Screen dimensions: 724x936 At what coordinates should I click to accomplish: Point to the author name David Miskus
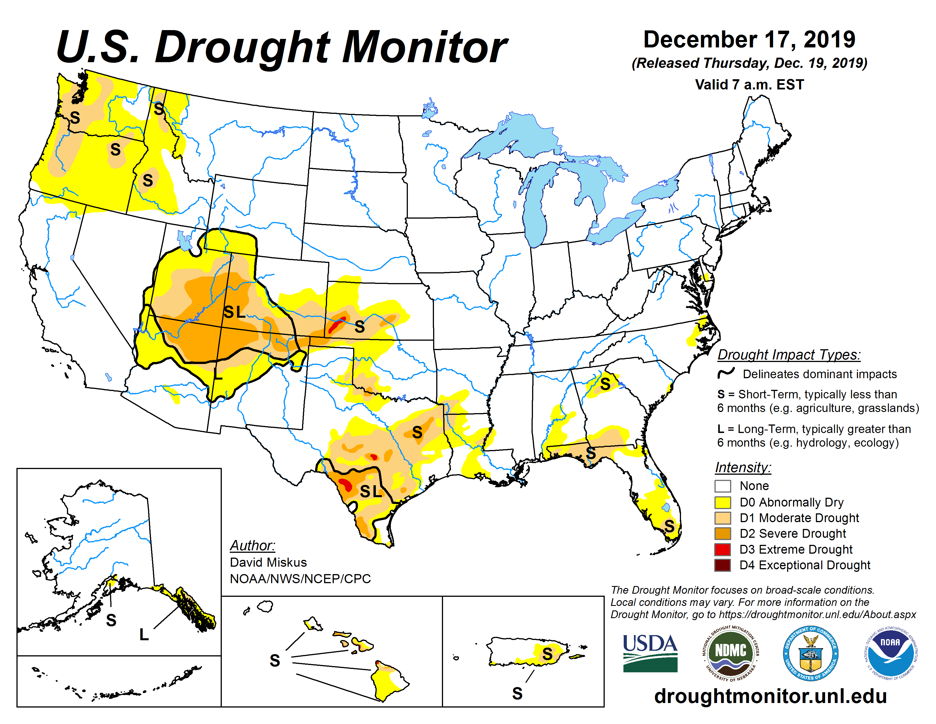tap(268, 562)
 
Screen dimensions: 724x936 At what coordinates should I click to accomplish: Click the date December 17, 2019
tap(749, 39)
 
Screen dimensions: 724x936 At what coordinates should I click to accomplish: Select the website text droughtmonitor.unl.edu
tap(770, 696)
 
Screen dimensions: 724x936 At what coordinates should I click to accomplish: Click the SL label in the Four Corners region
tap(235, 312)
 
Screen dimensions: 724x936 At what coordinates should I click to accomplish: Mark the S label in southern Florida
tap(669, 526)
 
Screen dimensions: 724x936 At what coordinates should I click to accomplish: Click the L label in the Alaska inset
tap(144, 634)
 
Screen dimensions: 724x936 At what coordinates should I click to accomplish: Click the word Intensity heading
tap(743, 467)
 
